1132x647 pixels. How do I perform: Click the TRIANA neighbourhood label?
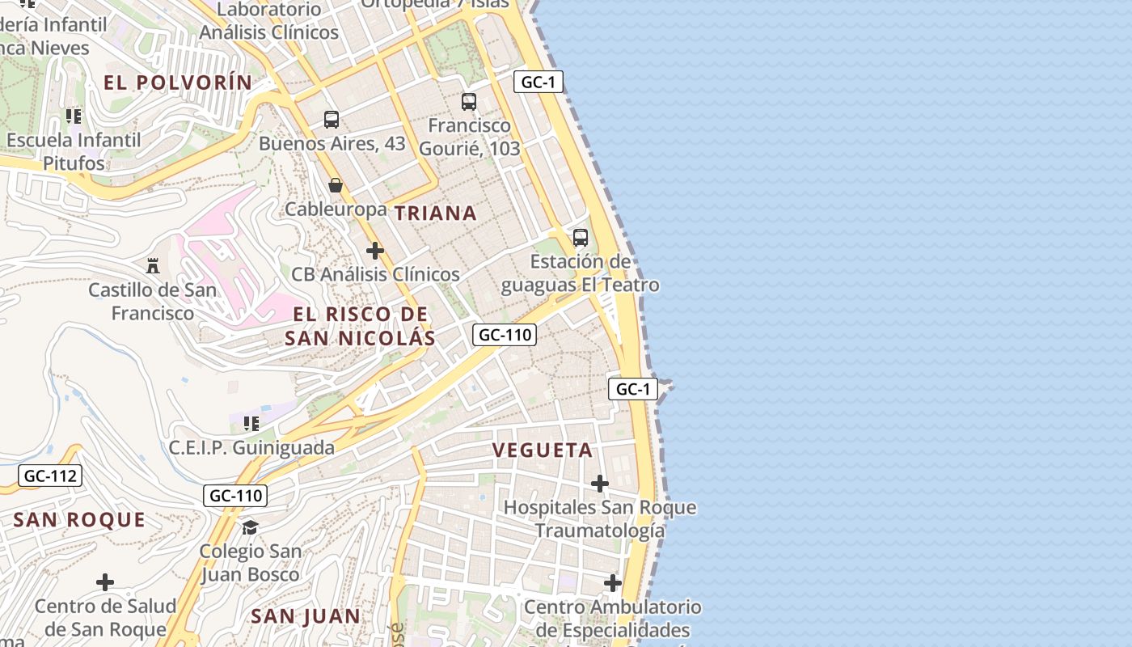coord(435,214)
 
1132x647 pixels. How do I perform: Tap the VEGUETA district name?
coord(543,450)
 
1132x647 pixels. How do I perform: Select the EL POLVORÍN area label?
coord(179,82)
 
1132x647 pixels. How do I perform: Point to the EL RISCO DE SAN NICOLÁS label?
coord(360,326)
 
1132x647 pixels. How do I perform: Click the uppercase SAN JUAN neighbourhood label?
coord(305,616)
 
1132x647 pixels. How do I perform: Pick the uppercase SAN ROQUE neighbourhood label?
coord(79,520)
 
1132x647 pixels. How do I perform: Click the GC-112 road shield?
coord(50,476)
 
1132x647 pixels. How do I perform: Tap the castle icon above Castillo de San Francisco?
coord(152,265)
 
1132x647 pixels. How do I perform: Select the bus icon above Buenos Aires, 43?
coord(332,120)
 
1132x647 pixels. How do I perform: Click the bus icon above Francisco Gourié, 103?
coord(469,102)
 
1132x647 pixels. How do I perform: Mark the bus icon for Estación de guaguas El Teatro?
coord(580,238)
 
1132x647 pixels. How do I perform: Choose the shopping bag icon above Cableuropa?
coord(336,186)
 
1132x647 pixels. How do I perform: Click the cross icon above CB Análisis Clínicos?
coord(375,251)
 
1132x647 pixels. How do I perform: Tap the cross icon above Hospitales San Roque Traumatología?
coord(599,484)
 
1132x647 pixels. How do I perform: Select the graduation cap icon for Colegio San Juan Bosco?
coord(250,527)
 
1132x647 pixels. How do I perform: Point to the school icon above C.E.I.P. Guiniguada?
coord(251,424)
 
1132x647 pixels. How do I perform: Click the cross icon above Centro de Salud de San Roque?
coord(104,582)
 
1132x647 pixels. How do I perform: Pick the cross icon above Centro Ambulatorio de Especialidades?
coord(612,582)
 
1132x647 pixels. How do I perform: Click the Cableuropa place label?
coord(336,209)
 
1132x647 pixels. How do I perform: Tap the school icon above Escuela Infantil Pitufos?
coord(74,116)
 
